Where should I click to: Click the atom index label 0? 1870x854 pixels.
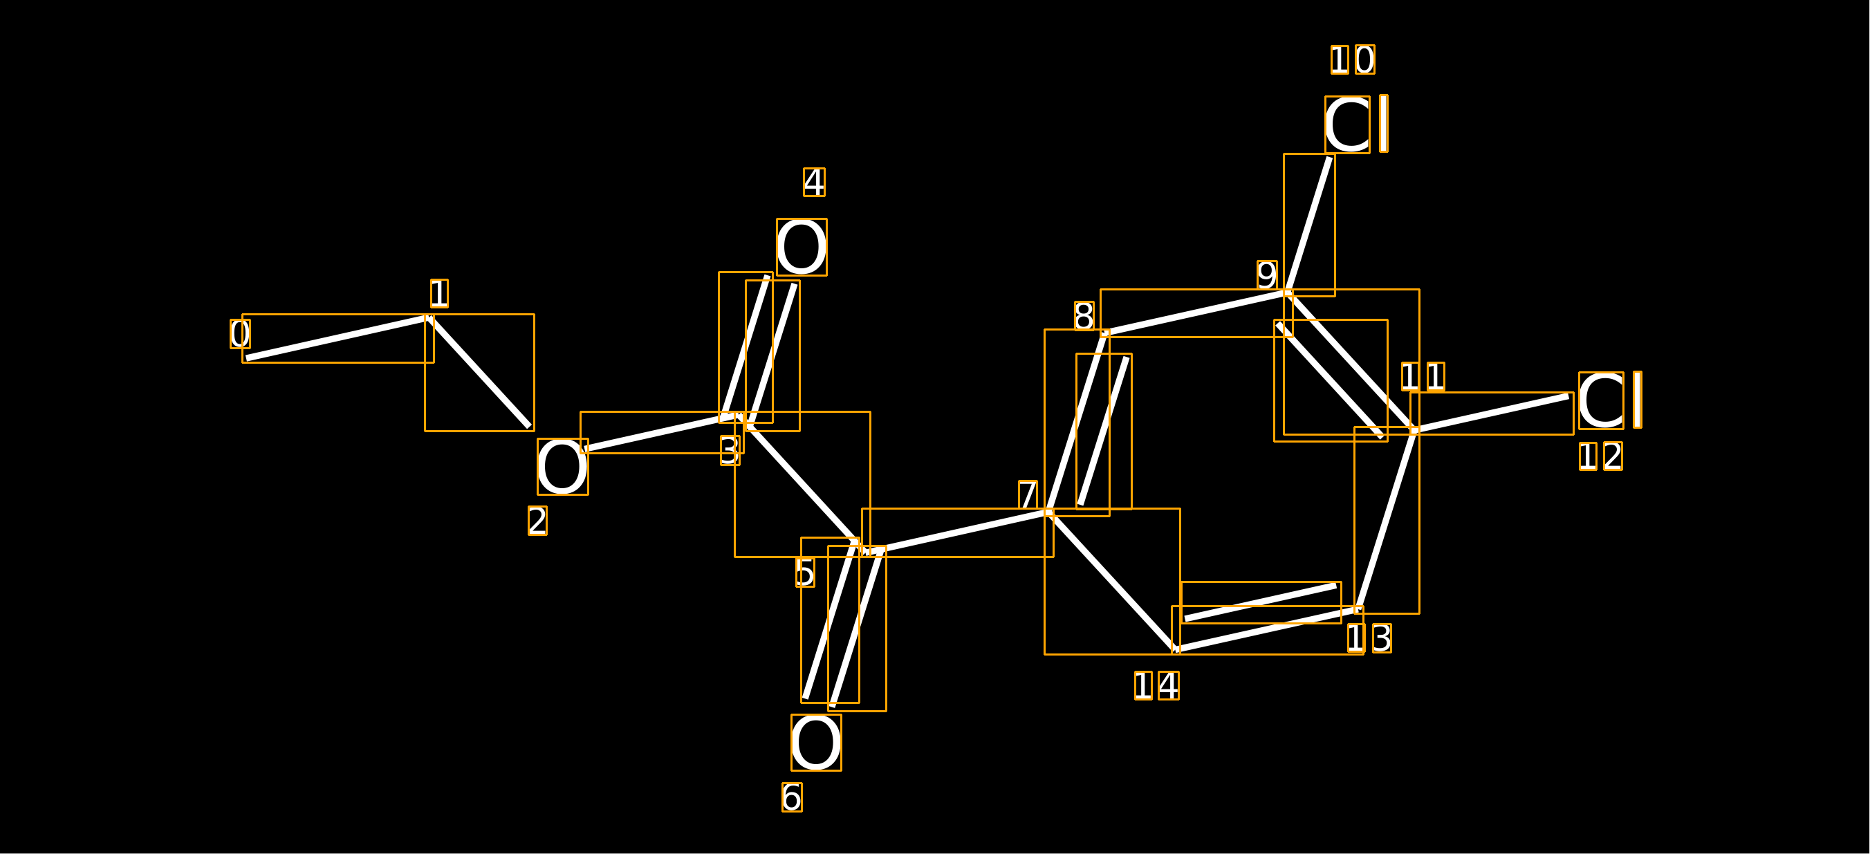click(240, 334)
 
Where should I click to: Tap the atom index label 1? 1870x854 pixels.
click(439, 294)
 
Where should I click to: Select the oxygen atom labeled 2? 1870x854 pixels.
click(563, 467)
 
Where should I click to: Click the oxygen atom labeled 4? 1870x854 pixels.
click(802, 248)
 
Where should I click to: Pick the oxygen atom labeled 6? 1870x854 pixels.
click(816, 743)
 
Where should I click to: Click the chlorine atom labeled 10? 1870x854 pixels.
click(1357, 124)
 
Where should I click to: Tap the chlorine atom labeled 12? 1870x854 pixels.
click(1610, 400)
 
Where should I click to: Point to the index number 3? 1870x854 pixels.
click(730, 451)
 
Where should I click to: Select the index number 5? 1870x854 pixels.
click(805, 573)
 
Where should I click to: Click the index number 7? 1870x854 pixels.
click(1028, 495)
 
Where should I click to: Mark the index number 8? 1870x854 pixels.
click(1084, 316)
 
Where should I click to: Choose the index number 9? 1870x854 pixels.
click(1268, 275)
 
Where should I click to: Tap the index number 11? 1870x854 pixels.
click(1423, 377)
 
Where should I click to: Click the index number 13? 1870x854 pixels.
click(1369, 638)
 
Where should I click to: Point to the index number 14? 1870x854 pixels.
click(1157, 686)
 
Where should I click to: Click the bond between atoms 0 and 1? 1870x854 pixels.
click(338, 338)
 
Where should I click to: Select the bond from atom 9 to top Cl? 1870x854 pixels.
click(1310, 225)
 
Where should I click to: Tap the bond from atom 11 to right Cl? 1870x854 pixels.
click(1492, 414)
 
